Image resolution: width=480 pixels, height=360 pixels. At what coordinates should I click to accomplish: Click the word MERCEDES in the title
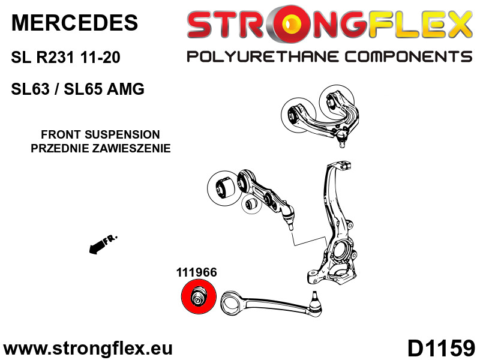coord(74,23)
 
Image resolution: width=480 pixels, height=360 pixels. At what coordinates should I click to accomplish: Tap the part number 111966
coord(197,272)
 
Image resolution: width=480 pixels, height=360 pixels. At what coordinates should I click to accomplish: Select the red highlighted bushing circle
coord(199,296)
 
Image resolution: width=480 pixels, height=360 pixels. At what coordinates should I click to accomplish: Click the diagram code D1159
coord(441,348)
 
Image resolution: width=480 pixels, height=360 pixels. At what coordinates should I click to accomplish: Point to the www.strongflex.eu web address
coord(88,349)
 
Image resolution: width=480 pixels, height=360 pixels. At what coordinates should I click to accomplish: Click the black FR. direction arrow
coord(103,244)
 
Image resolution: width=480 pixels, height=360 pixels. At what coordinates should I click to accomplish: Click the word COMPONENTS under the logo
coord(409,57)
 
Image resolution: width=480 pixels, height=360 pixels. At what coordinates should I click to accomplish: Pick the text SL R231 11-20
coord(65,57)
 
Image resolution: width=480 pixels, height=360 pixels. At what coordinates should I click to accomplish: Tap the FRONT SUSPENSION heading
coord(100,134)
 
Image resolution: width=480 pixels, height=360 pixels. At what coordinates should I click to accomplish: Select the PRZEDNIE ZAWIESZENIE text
coord(101,148)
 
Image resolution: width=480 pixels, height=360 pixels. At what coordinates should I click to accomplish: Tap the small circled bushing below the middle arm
coord(252,204)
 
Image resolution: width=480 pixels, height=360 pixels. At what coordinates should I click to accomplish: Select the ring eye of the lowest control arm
coord(232,304)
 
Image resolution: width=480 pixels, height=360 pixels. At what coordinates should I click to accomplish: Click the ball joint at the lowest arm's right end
coord(315,303)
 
